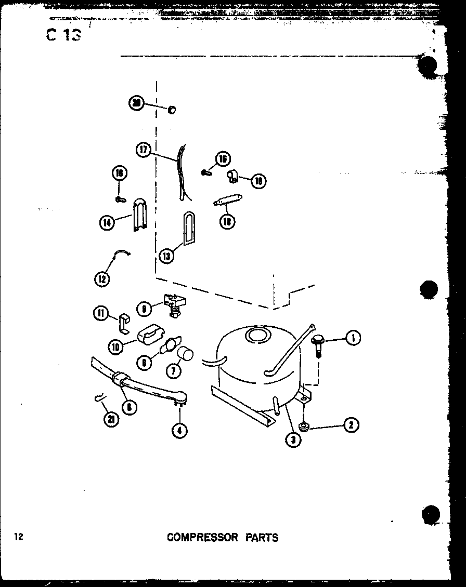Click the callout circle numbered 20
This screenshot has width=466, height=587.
pyautogui.click(x=137, y=103)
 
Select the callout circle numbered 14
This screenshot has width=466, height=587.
pyautogui.click(x=107, y=223)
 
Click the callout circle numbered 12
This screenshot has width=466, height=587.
pyautogui.click(x=102, y=278)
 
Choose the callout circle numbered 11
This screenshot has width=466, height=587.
pyautogui.click(x=101, y=313)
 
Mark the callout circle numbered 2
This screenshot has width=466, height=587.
pyautogui.click(x=352, y=425)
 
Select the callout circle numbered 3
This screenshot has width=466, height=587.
pyautogui.click(x=294, y=439)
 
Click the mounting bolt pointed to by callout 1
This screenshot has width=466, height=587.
pyautogui.click(x=317, y=343)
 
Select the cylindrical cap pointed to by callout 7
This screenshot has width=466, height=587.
pyautogui.click(x=185, y=355)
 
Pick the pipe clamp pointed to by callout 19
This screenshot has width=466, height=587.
pyautogui.click(x=232, y=178)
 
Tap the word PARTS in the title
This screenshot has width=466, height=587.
pyautogui.click(x=262, y=537)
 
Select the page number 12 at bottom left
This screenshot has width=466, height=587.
pyautogui.click(x=19, y=537)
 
